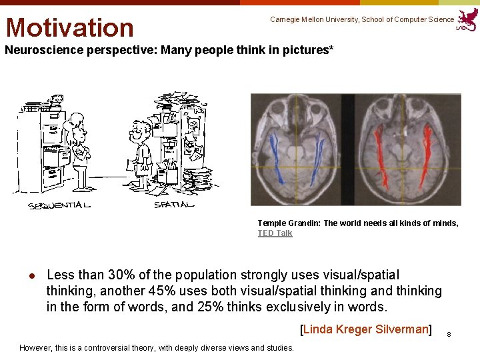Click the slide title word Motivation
click(x=70, y=27)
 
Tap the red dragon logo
click(x=467, y=19)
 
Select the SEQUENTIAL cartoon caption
click(x=59, y=205)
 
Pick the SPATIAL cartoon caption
click(x=174, y=205)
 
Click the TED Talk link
click(x=275, y=233)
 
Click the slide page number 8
click(x=449, y=333)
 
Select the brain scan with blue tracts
click(x=304, y=149)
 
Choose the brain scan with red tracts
click(x=408, y=149)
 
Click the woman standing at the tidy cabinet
click(x=79, y=150)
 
